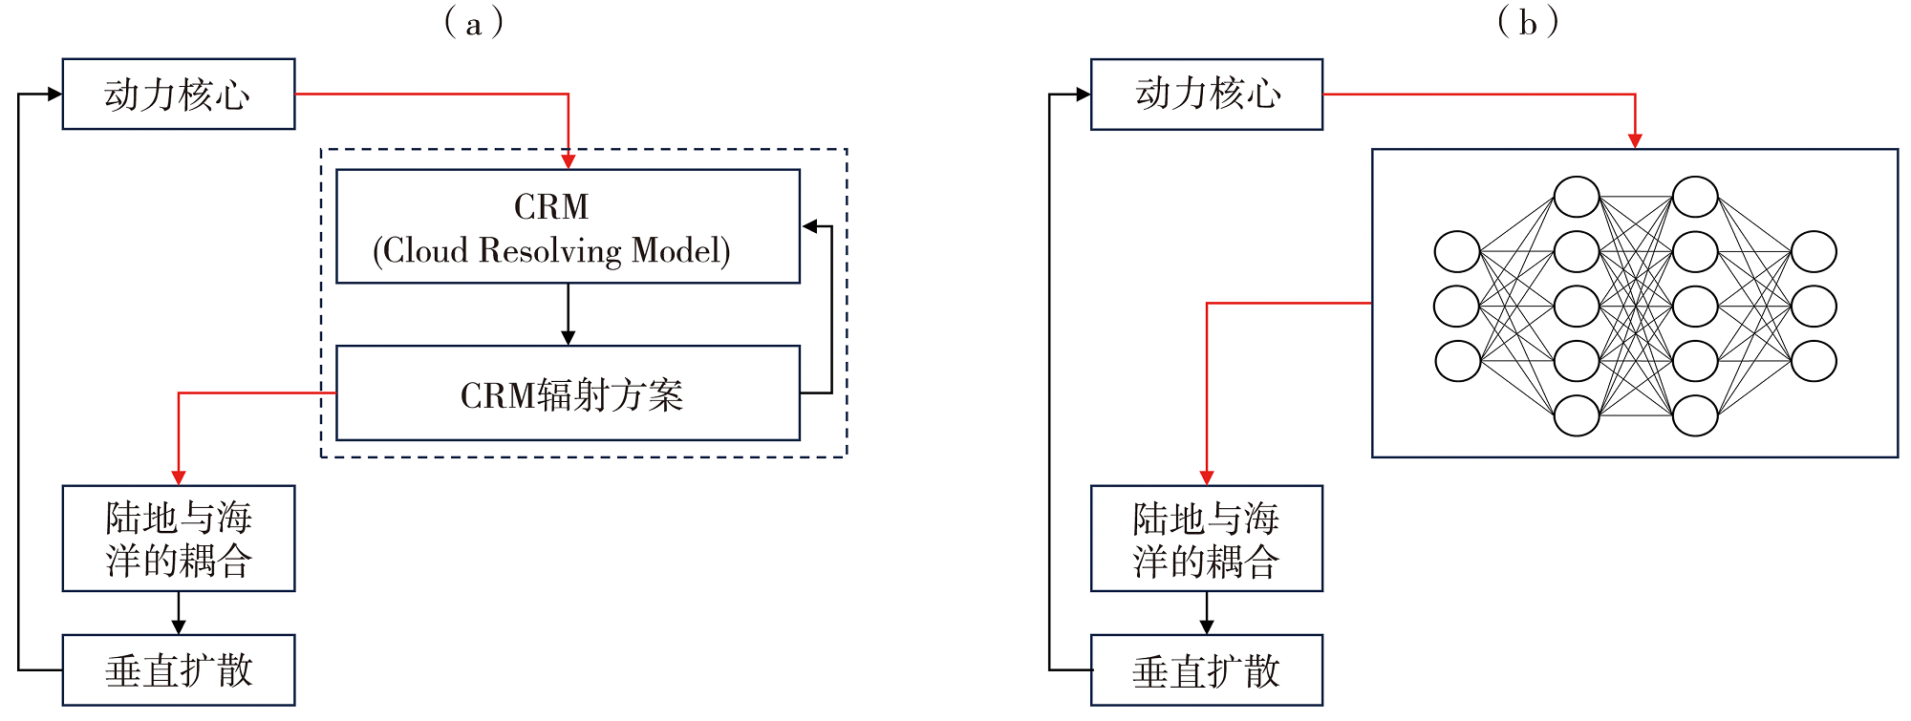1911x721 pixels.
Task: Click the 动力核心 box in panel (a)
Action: click(179, 95)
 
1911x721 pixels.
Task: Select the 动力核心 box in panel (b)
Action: click(1207, 95)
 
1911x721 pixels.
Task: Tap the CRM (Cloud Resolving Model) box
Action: click(568, 226)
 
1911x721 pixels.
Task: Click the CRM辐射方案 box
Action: click(568, 393)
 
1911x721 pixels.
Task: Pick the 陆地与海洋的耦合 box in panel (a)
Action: click(179, 539)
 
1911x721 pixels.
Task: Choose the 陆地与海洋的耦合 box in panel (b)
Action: click(1207, 539)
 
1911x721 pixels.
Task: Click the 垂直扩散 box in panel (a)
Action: click(179, 670)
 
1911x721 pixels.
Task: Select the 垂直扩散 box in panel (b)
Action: click(1207, 670)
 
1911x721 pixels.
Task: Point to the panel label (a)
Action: click(474, 23)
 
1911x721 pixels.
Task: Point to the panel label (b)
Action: click(1528, 23)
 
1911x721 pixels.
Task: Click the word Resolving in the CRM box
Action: click(549, 251)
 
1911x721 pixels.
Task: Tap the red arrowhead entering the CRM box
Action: click(569, 161)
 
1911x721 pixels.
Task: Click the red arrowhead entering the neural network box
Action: click(1635, 140)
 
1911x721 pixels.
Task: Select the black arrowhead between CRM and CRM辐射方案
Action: click(569, 337)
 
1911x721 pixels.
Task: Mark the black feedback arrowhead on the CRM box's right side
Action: click(810, 226)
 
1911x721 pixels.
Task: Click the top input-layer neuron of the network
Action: click(1457, 252)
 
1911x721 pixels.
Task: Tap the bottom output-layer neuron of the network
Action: click(1814, 362)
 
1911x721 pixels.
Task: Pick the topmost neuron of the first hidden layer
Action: click(1577, 197)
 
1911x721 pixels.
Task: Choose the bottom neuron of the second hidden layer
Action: click(1695, 415)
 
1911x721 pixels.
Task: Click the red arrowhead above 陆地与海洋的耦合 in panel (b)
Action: click(1207, 477)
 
